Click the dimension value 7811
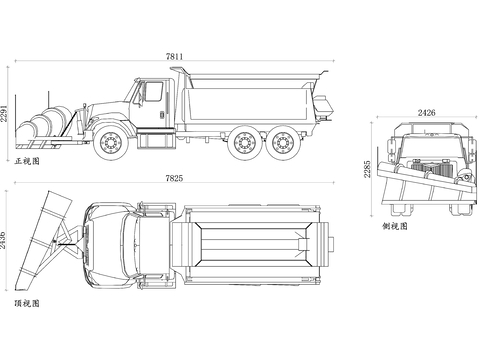point(174,56)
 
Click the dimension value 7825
point(174,178)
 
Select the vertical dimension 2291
point(4,113)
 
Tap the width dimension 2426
point(427,113)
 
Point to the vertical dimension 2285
point(367,169)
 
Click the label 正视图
point(27,161)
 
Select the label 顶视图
point(27,303)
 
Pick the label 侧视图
point(395,226)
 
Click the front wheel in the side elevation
point(110,143)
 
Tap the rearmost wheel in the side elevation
point(284,143)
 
